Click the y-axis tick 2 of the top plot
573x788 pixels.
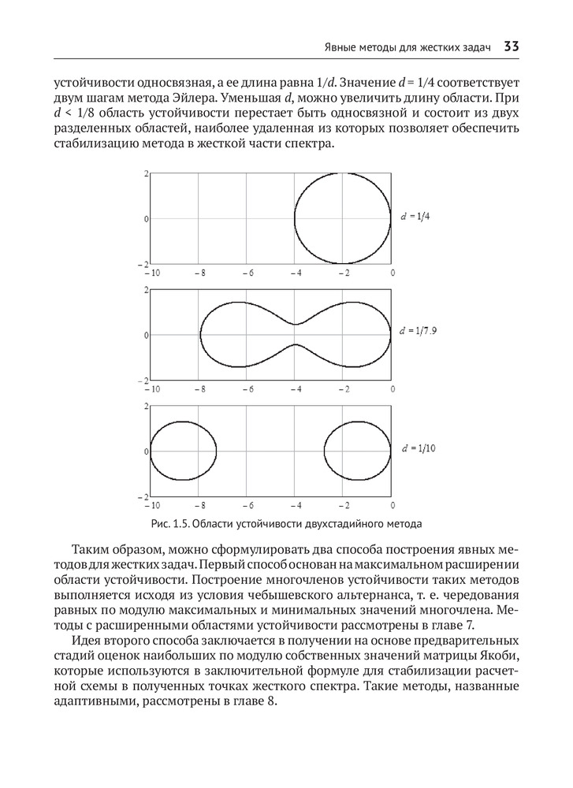146,173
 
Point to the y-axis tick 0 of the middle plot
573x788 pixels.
146,335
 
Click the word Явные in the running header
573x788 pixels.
343,48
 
